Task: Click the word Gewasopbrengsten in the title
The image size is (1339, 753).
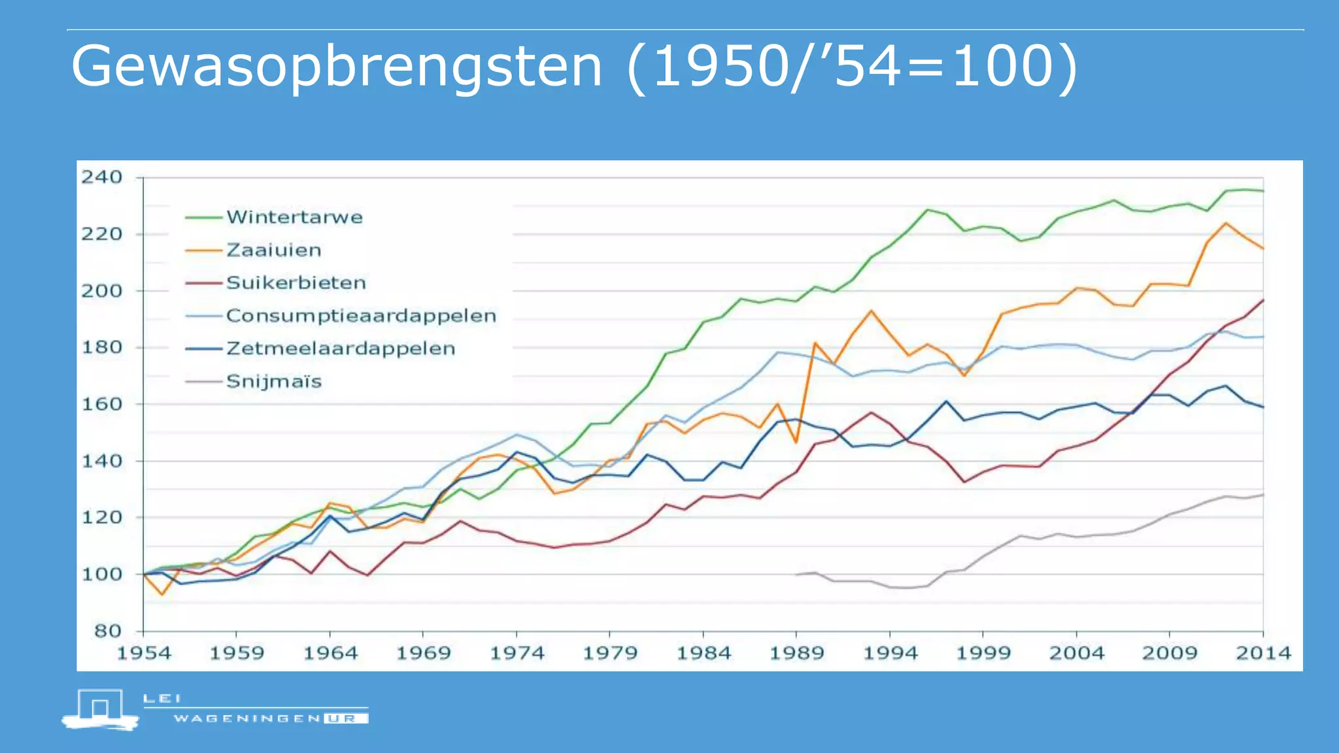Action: pos(337,67)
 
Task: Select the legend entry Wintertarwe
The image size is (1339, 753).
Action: pos(294,217)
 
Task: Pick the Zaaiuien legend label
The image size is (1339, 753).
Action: pos(274,250)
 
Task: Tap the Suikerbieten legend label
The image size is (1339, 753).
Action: pos(296,283)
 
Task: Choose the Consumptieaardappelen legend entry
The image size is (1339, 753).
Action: pos(361,316)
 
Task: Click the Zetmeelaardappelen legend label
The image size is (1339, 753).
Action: pos(341,348)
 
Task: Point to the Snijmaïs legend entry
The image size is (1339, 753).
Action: pos(274,381)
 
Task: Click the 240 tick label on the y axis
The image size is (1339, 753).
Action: pos(101,177)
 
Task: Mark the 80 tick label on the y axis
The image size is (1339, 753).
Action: pos(108,631)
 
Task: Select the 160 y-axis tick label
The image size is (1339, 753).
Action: pos(101,404)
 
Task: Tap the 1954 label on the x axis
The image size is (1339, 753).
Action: pos(144,653)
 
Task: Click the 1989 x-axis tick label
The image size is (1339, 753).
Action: pos(796,653)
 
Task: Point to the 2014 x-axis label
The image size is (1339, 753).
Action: pos(1263,653)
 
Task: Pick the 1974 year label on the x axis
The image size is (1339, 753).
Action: pos(517,653)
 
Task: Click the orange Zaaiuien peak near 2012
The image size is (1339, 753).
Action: pos(1226,223)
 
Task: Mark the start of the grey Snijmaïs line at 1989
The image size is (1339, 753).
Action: pos(797,575)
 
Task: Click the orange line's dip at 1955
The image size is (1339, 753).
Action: pos(162,594)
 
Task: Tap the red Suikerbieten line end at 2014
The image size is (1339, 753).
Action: pos(1263,300)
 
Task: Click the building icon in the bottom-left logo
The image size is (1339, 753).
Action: pos(100,709)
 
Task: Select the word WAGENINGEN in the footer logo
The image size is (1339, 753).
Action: pos(247,718)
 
